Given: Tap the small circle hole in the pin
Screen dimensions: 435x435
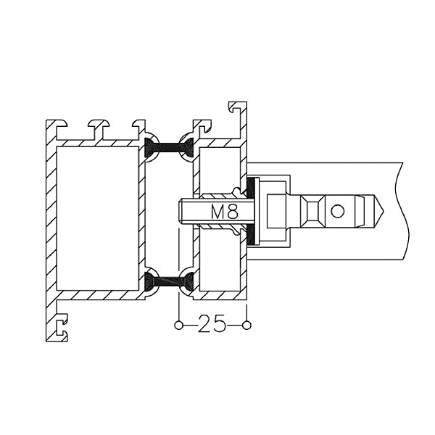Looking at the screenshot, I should click(x=337, y=212).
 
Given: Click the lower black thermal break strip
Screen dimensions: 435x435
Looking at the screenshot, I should click(x=171, y=281).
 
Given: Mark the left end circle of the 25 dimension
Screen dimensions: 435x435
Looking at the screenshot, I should click(x=178, y=325).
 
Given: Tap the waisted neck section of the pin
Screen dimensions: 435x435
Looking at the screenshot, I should click(x=309, y=212).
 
